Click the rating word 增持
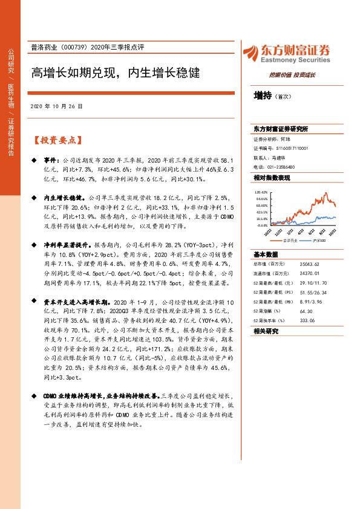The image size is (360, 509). (x=263, y=96)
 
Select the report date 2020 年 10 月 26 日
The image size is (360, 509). (x=56, y=106)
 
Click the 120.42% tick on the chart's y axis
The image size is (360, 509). (x=261, y=192)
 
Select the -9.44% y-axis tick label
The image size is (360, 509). (x=263, y=224)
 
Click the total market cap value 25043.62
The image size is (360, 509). (x=310, y=264)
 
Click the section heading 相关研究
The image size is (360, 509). (x=266, y=331)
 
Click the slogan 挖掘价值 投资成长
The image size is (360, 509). (x=292, y=75)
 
